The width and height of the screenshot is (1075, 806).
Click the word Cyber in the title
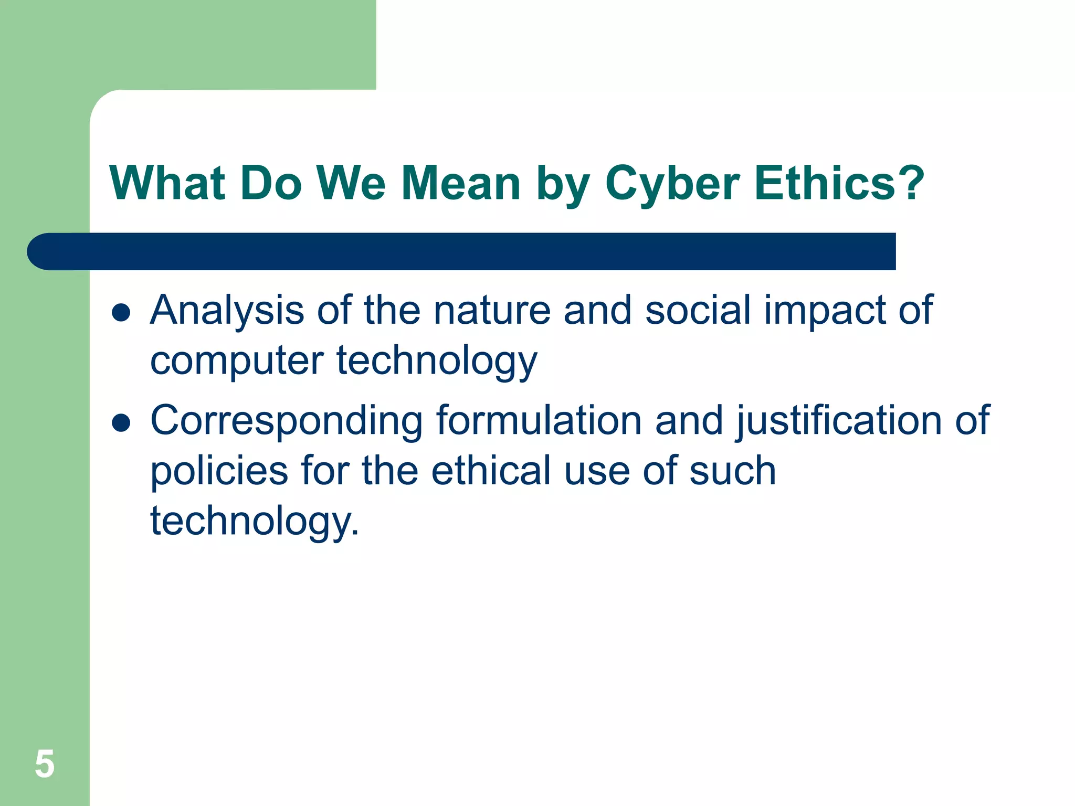point(672,184)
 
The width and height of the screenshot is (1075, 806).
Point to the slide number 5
point(45,764)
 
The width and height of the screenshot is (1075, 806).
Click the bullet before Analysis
point(121,312)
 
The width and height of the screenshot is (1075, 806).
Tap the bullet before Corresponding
point(121,422)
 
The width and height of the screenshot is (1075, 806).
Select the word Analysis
point(227,311)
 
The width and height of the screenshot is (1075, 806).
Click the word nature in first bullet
point(492,311)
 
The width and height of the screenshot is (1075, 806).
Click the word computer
point(237,362)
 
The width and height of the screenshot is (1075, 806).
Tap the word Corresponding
point(287,421)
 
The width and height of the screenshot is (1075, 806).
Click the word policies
point(219,471)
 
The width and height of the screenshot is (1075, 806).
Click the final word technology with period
point(255,521)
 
